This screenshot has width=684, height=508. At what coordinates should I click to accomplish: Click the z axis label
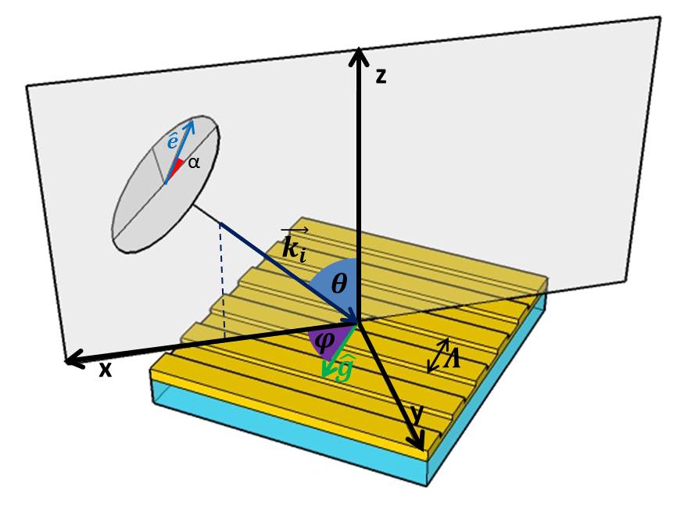coord(381,77)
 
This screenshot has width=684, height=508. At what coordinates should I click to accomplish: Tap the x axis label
coord(105,370)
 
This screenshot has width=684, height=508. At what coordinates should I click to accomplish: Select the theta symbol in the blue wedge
coord(338,284)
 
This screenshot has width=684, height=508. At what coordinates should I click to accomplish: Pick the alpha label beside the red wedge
coord(194,164)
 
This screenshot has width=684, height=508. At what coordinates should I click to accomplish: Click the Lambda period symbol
coord(453,360)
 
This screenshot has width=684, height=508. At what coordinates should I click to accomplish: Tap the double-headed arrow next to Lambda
coord(437,355)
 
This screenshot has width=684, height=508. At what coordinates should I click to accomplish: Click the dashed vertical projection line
coord(223,281)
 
